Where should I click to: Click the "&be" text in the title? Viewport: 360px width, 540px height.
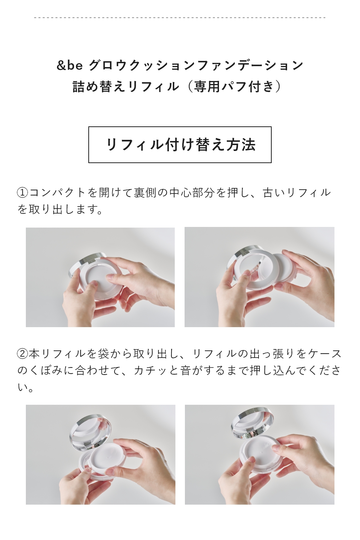(69, 65)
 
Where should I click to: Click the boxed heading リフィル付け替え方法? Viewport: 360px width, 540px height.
(180, 145)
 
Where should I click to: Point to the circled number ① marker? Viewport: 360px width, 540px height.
(23, 193)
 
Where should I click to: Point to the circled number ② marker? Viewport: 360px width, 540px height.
(23, 354)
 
